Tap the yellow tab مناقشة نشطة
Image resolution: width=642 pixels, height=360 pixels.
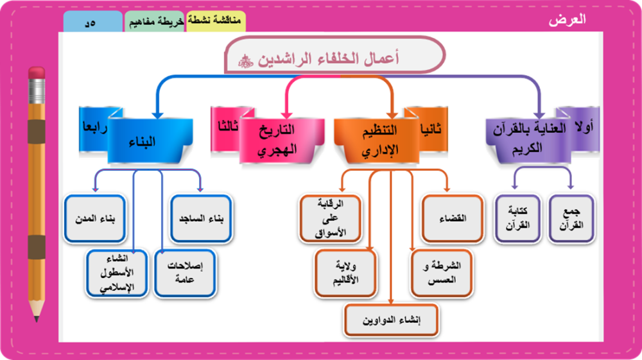216,21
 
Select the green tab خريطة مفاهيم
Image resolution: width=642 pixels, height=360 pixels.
155,22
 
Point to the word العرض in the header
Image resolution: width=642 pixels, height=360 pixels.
567,19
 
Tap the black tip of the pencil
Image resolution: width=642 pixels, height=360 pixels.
37,318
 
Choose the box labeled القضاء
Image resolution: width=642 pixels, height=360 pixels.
453,219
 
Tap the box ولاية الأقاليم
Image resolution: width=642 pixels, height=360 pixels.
347,272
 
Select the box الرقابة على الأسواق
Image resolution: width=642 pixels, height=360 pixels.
331,219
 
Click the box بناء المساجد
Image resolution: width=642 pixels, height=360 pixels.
201,219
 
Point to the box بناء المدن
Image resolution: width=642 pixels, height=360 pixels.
94,219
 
